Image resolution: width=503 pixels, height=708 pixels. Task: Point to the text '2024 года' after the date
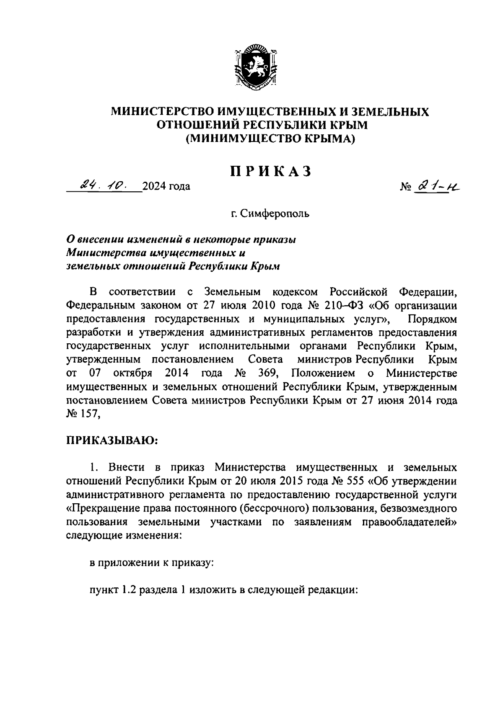click(x=166, y=186)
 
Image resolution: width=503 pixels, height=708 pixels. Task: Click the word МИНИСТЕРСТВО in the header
click(x=162, y=111)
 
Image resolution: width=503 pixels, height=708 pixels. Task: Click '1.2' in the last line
click(x=129, y=590)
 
